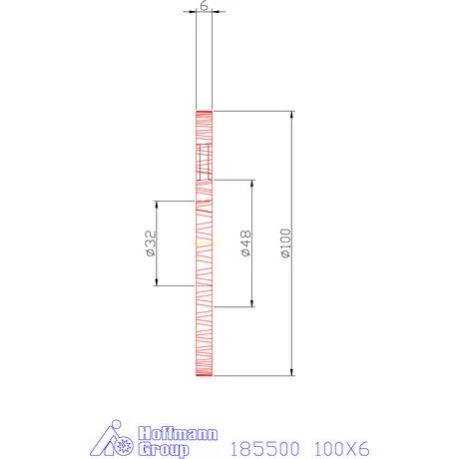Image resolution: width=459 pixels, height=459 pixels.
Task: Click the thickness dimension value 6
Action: coord(204,5)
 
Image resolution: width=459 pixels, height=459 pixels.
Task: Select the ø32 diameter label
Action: coord(149,243)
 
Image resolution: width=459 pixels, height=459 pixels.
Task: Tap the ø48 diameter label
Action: coord(245,243)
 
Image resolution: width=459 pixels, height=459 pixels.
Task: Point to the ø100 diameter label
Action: coord(286,243)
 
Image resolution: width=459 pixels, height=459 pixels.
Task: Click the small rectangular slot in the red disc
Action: coord(205,158)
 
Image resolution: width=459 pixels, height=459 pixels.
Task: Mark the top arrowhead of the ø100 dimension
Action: coord(293,113)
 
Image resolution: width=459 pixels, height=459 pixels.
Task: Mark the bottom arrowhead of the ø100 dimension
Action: coord(293,373)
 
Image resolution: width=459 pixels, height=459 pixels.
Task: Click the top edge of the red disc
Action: coord(204,109)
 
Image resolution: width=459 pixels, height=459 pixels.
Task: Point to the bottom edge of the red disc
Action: coord(204,377)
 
